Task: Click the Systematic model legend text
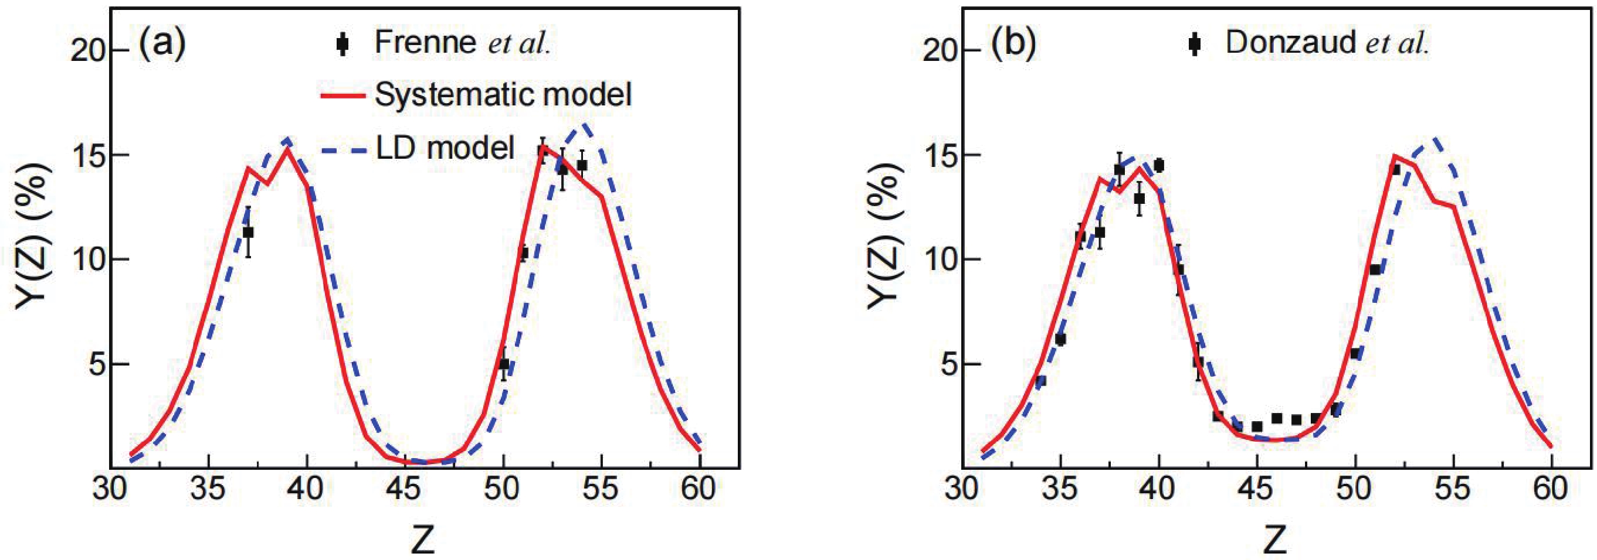coord(503,95)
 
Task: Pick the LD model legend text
coord(445,148)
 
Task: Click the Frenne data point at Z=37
coord(248,233)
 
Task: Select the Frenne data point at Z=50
coord(504,364)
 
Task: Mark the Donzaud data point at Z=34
coord(1041,381)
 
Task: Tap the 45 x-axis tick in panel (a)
coord(405,489)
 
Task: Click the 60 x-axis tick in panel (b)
coord(1551,489)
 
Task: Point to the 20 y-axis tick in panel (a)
coord(87,50)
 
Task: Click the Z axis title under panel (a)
coord(423,539)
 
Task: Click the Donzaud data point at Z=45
coord(1257,427)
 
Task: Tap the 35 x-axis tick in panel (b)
coord(1060,489)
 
